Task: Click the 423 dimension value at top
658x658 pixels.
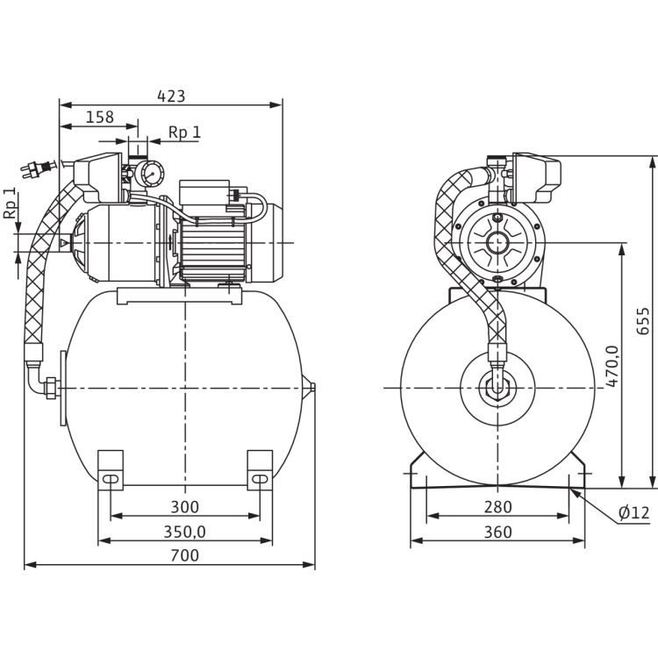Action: coord(171,96)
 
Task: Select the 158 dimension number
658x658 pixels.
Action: coord(100,116)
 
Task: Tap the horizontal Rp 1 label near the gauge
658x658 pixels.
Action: coord(184,132)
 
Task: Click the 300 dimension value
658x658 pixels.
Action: coord(184,507)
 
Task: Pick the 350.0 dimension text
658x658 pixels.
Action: coord(184,532)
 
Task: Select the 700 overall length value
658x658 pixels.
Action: coord(184,556)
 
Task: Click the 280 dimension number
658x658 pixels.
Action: coord(497,507)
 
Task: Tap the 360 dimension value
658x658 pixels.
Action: coord(497,532)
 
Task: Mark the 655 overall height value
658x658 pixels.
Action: coord(644,321)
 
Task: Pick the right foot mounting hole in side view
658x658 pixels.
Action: coord(261,481)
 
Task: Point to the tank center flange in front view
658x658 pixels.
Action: coord(496,387)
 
